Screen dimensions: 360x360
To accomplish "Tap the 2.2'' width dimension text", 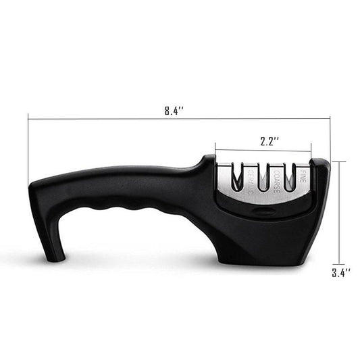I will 269,142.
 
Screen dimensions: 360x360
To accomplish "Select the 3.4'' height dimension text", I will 342,274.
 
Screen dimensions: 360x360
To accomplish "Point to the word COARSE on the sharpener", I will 276,180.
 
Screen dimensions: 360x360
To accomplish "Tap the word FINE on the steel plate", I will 303,179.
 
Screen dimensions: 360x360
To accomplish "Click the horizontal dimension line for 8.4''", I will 101,120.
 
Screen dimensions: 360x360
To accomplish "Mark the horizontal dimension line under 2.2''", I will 263,151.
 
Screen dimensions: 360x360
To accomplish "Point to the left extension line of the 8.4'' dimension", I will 28,149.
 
